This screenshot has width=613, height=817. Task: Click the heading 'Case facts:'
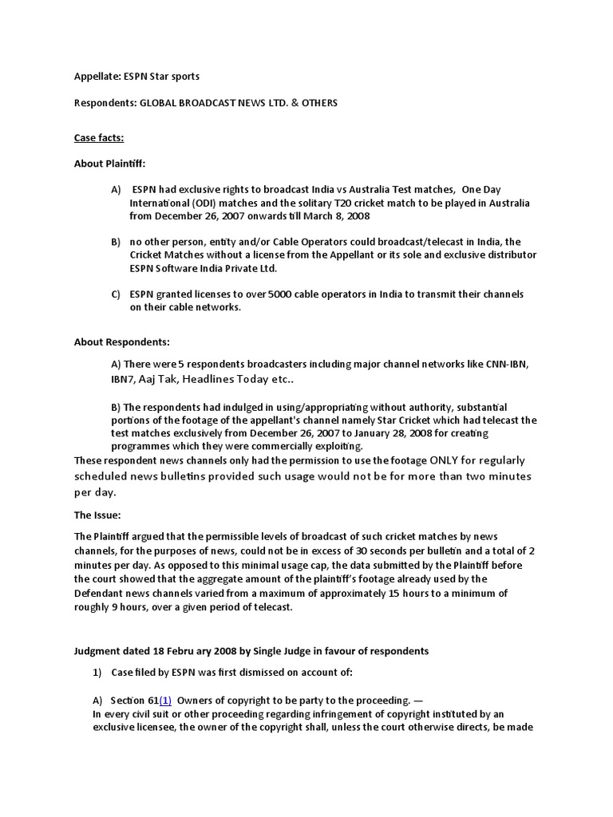click(99, 138)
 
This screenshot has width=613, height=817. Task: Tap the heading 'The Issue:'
click(97, 515)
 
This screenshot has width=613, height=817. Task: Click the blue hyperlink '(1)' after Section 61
click(165, 701)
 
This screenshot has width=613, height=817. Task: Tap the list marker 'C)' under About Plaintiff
click(116, 294)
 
